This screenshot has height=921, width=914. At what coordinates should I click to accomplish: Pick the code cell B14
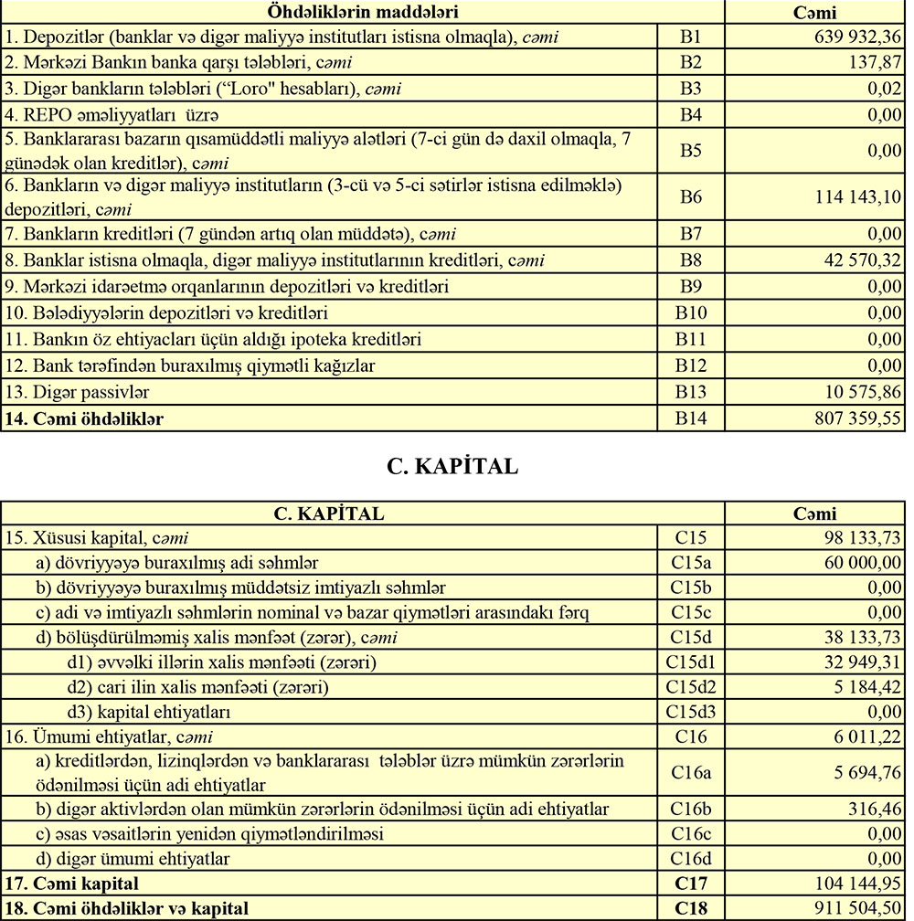691,419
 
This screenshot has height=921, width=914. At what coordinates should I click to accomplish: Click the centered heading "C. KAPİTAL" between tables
452,466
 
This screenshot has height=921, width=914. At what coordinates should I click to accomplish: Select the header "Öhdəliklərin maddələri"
362,12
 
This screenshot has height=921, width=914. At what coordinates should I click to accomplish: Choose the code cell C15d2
691,685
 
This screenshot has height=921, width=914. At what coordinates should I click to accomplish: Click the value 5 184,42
864,685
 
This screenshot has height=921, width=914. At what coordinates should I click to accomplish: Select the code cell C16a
691,772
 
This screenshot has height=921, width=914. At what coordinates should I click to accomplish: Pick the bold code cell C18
691,908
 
